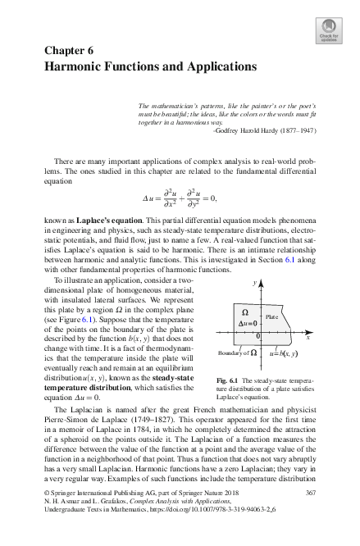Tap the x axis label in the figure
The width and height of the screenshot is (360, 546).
(308, 337)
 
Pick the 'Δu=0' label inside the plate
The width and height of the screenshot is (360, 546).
(248, 323)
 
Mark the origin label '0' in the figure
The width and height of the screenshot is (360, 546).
(258, 336)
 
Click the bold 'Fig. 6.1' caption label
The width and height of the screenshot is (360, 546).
(226, 381)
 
